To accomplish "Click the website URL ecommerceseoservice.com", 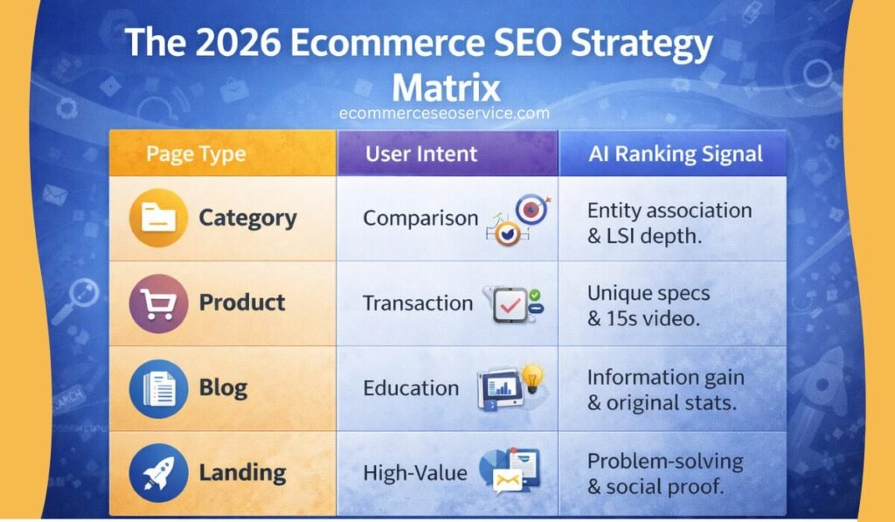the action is point(444,113).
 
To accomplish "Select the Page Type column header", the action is point(196,154).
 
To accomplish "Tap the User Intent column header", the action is point(421,154).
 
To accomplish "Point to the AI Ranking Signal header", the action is point(676,154).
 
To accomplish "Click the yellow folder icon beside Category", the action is point(158,218).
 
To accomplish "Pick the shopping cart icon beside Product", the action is point(158,303).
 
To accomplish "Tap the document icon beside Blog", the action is point(158,388).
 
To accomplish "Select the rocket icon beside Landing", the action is point(158,473).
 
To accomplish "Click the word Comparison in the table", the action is point(420,219).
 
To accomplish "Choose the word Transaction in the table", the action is point(418,303).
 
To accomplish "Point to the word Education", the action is point(411,388).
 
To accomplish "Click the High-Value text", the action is point(415,473).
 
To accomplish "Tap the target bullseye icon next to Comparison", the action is point(531,210).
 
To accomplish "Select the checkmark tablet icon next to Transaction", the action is point(510,305).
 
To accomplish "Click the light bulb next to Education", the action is point(532,378).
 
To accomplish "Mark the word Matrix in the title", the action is point(446,88).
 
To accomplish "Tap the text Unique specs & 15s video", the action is point(649,305).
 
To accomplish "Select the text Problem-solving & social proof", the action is point(665,474).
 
